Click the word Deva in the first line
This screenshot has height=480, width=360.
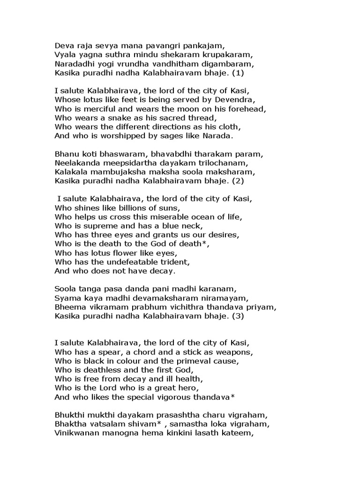[x=64, y=45]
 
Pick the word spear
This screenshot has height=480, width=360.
[x=112, y=352]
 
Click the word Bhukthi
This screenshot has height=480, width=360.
[x=68, y=415]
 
